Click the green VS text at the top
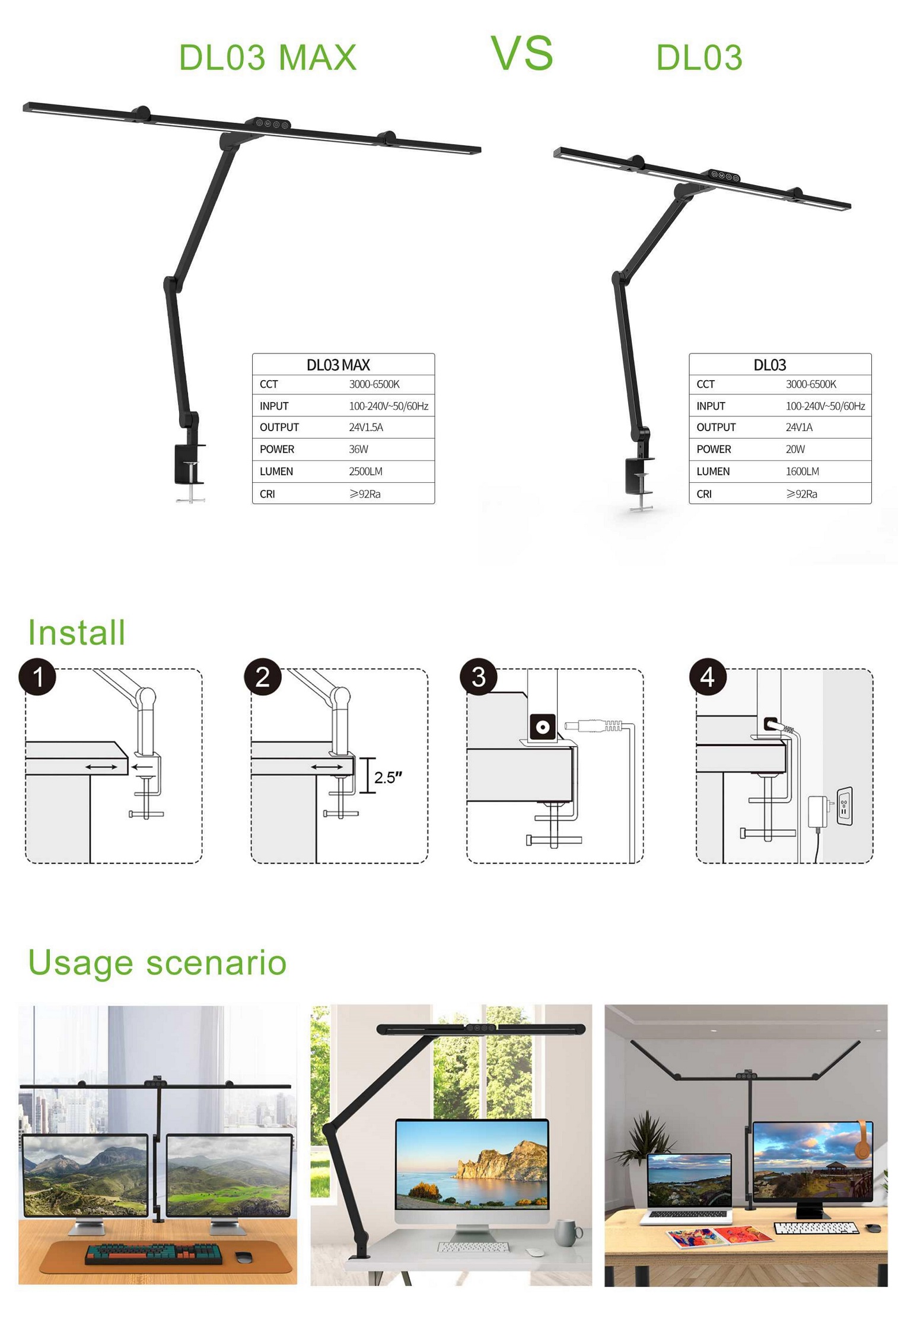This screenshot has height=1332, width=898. pyautogui.click(x=522, y=53)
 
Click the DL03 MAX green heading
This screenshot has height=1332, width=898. pyautogui.click(x=268, y=58)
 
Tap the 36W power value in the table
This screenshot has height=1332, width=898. pyautogui.click(x=358, y=449)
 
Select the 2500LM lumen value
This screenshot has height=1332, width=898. pyautogui.click(x=365, y=471)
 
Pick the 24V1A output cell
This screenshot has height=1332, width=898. pyautogui.click(x=799, y=427)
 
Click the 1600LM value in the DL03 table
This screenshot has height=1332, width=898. pyautogui.click(x=803, y=471)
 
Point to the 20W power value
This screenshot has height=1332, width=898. pyautogui.click(x=795, y=449)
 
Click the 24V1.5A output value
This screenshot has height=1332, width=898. pyautogui.click(x=366, y=427)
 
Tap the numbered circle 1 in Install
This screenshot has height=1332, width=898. pyautogui.click(x=37, y=676)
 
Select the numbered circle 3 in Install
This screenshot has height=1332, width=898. pyautogui.click(x=479, y=676)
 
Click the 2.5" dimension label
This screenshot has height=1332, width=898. pyautogui.click(x=389, y=777)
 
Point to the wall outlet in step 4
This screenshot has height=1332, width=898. pyautogui.click(x=844, y=805)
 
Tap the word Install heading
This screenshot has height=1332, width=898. pyautogui.click(x=77, y=632)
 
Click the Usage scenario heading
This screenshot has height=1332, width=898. pyautogui.click(x=157, y=962)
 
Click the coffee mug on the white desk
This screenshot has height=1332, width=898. pyautogui.click(x=568, y=1234)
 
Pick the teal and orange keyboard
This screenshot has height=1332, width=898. pyautogui.click(x=154, y=1253)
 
